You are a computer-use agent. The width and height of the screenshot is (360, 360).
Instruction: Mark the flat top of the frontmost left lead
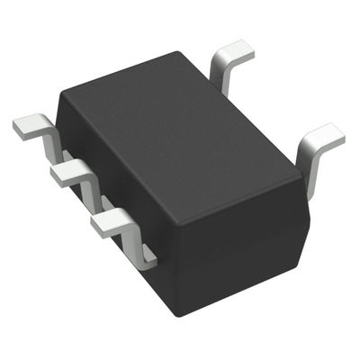112,219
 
